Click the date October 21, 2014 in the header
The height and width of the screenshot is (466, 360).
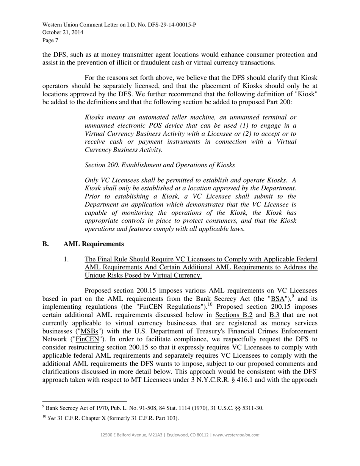point(63,33)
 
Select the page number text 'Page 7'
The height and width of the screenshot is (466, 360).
point(50,40)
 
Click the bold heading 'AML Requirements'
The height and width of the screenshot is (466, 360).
point(94,244)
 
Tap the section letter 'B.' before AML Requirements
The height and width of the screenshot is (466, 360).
point(46,244)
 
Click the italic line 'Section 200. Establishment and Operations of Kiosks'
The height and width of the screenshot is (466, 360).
point(160,165)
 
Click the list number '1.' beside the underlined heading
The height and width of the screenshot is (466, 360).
point(66,260)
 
